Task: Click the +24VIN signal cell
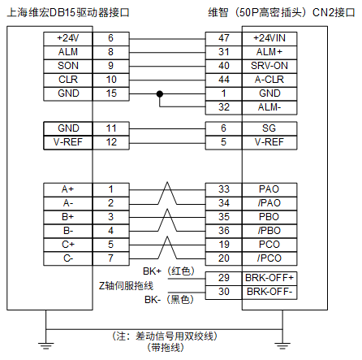point(269,38)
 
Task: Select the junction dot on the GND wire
point(160,94)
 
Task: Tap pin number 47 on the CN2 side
point(224,38)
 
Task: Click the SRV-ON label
point(269,66)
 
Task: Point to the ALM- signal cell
point(269,107)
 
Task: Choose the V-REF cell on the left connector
point(68,142)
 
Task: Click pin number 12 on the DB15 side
point(111,142)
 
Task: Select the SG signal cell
point(269,128)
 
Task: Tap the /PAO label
point(269,203)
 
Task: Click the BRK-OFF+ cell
point(269,278)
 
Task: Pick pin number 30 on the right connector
point(224,292)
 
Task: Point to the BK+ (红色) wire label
point(169,271)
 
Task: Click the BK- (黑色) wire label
point(170,300)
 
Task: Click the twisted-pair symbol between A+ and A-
point(167,193)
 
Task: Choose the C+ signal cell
point(68,245)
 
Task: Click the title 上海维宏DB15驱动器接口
point(68,13)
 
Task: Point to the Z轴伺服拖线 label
point(126,286)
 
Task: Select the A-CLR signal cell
point(269,80)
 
